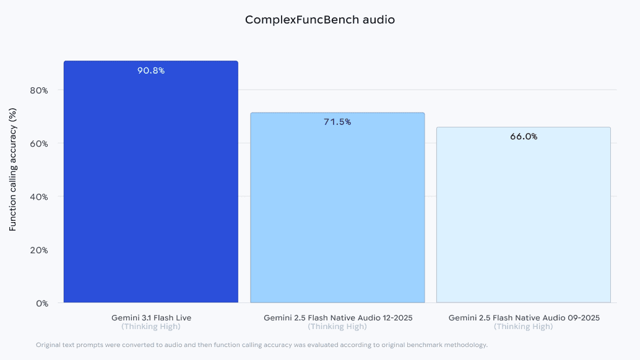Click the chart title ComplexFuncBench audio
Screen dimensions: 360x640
pos(319,20)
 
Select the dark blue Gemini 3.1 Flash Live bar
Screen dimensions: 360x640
pos(151,186)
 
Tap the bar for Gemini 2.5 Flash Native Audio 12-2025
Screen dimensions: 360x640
pos(337,210)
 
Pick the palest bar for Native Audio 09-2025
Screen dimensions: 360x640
pos(524,216)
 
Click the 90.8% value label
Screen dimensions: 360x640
pos(151,71)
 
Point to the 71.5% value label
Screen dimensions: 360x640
pos(337,122)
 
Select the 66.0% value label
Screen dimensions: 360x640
pos(524,137)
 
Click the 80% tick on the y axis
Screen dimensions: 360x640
pos(39,90)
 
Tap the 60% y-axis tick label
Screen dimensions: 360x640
pos(39,144)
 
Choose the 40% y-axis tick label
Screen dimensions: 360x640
pos(39,197)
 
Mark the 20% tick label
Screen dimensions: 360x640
pos(39,250)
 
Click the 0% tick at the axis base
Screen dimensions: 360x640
pos(41,303)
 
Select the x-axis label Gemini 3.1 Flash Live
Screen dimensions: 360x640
pos(151,317)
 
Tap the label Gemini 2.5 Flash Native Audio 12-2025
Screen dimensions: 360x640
pos(337,317)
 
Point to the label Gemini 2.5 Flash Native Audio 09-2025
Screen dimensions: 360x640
pos(524,317)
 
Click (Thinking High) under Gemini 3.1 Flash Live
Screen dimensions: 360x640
pos(151,327)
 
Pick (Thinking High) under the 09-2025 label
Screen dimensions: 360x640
pos(524,327)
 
